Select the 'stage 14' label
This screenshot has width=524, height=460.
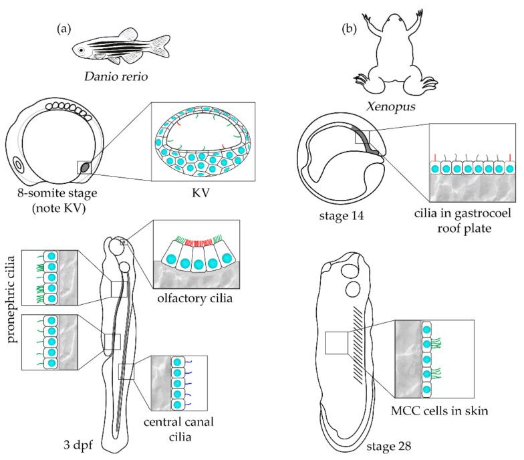click(339, 216)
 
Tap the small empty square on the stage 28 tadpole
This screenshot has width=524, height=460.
click(336, 343)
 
